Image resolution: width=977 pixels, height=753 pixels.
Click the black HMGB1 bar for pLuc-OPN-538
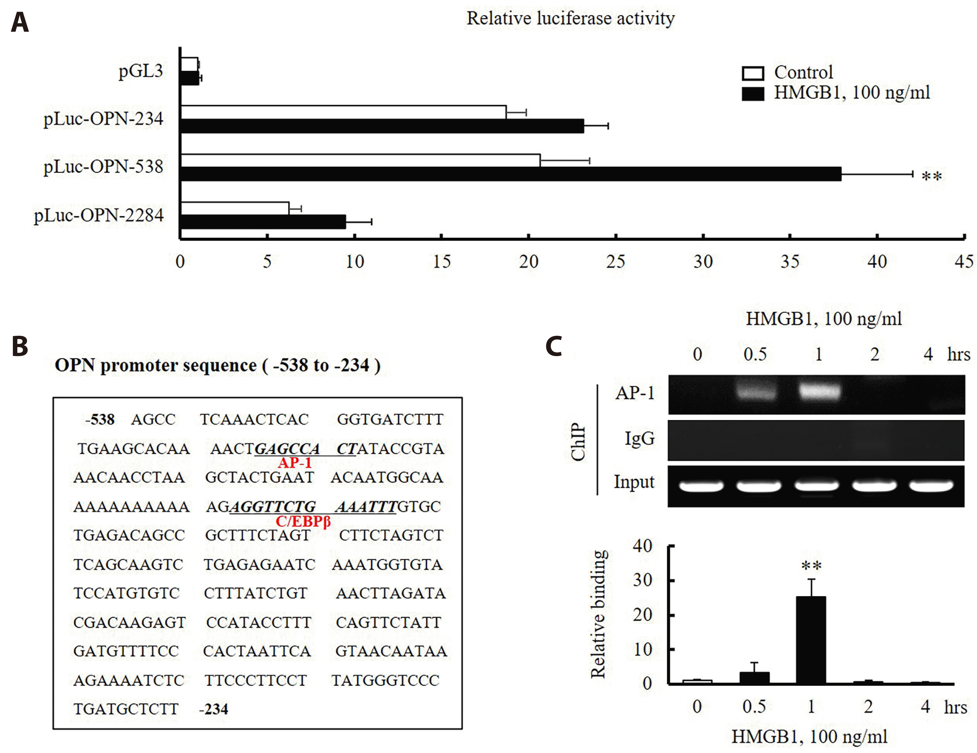pyautogui.click(x=510, y=174)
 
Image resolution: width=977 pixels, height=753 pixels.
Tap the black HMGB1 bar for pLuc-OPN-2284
pyautogui.click(x=263, y=222)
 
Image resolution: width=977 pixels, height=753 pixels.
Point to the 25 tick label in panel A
pyautogui.click(x=616, y=262)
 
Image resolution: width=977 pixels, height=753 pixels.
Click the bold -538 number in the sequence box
pyautogui.click(x=100, y=419)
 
